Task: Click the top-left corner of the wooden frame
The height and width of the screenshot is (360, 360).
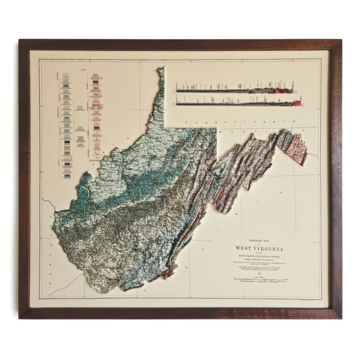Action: [x=20, y=41]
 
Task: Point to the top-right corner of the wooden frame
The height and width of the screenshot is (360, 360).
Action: [x=340, y=41]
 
